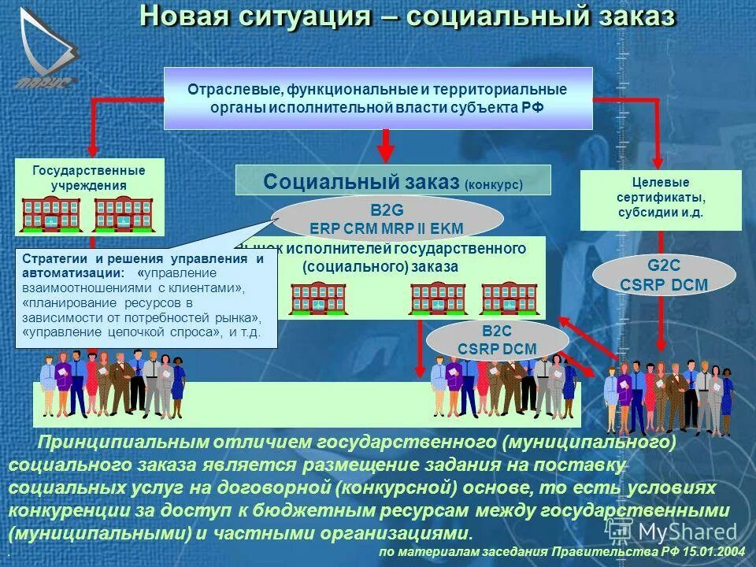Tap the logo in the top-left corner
pos(46,47)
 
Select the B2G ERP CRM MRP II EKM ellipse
pos(386,219)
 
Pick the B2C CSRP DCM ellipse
pos(497,339)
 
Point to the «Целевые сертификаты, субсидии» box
pos(661,199)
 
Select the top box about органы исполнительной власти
pos(377,98)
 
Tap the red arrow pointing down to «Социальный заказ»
pos(385,146)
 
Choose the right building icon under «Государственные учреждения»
pos(124,214)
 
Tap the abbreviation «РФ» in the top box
pos(532,107)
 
